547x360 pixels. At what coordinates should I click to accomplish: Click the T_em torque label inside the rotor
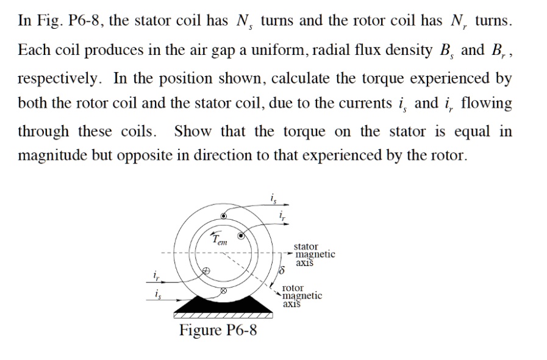coord(219,239)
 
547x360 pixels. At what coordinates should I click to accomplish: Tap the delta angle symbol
coord(281,269)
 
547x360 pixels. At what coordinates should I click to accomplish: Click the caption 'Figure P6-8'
coord(218,331)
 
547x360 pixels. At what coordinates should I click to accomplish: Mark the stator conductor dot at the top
coord(224,215)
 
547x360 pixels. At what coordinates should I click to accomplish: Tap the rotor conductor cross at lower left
coord(207,270)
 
